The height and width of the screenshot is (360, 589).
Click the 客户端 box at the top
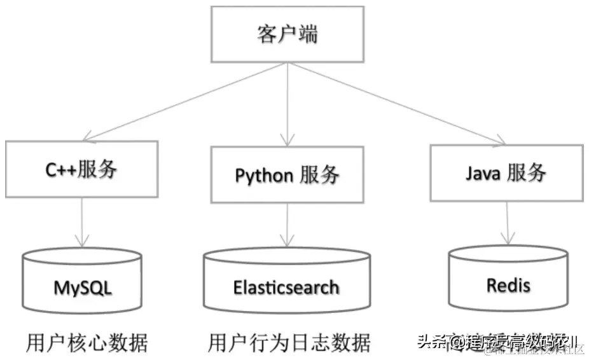coord(288,35)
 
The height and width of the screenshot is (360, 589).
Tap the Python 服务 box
coord(288,175)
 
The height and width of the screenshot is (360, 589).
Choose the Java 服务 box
coord(506,172)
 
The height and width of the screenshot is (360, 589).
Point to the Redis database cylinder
coord(508,282)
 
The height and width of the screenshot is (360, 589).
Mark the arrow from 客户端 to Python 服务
coord(288,102)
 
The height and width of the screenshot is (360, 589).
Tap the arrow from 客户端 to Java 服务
coord(394,102)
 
